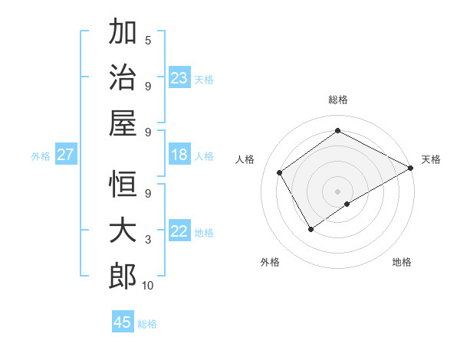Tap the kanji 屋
123,123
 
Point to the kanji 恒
123,185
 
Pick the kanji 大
123,231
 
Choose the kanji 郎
123,276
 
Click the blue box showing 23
179,77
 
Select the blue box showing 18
179,155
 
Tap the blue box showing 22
179,231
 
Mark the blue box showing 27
66,155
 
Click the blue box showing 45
123,322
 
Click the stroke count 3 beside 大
148,240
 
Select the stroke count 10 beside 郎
148,286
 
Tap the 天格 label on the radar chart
431,159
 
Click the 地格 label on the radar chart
402,262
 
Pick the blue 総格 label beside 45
147,324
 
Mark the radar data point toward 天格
411,169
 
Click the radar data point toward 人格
280,172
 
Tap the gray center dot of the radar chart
337,190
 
